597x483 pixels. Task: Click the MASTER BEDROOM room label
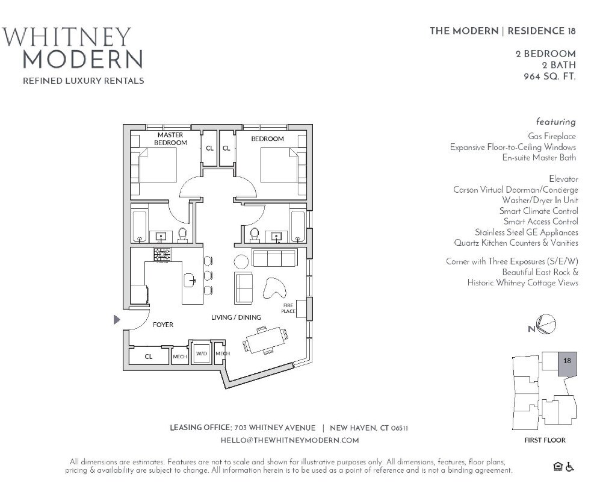(x=170, y=139)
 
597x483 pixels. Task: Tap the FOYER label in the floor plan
(x=162, y=325)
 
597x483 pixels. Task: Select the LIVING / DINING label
(x=236, y=317)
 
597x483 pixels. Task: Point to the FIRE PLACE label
(x=288, y=309)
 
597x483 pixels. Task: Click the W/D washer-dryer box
(x=201, y=354)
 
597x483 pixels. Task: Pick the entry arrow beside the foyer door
(x=117, y=320)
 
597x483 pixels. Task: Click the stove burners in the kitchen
(x=161, y=255)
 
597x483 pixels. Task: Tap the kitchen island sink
(x=191, y=279)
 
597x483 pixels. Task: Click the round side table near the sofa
(x=241, y=261)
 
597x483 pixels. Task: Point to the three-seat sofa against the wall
(x=274, y=259)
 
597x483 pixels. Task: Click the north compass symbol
(x=546, y=325)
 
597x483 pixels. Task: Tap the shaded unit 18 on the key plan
(x=566, y=363)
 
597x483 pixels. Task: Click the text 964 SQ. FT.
(x=549, y=76)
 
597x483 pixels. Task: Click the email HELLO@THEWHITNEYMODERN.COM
(x=289, y=440)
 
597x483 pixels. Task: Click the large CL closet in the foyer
(x=149, y=356)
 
